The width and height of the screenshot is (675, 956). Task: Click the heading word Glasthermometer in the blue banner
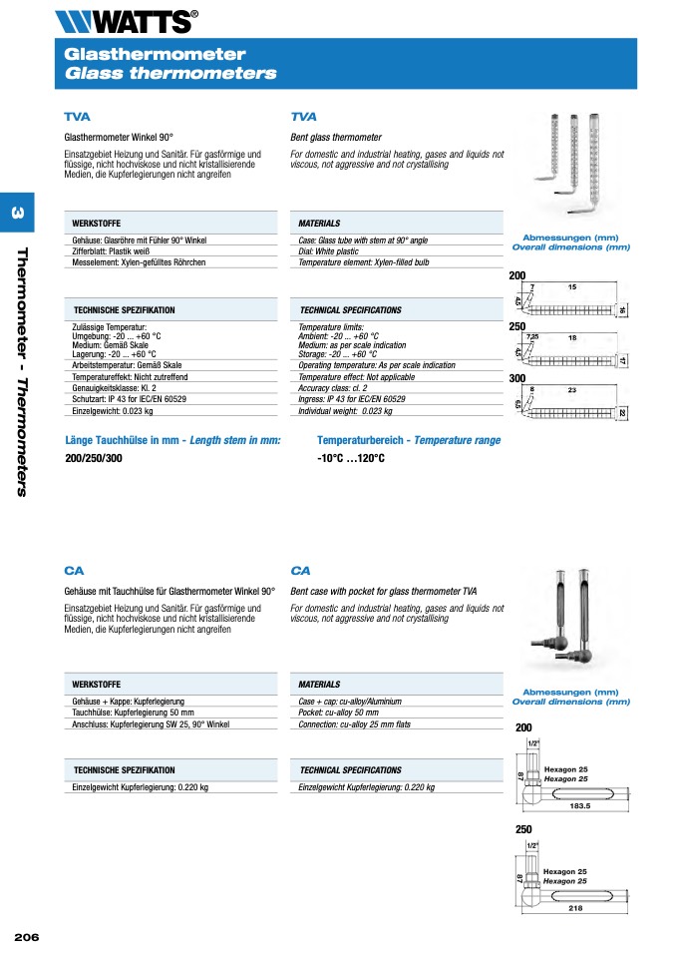[155, 55]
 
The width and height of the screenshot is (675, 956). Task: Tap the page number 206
[26, 936]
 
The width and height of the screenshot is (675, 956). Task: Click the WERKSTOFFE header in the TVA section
[97, 224]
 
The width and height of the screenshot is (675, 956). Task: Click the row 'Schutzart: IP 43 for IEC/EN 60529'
[129, 399]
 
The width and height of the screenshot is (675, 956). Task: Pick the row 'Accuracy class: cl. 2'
[333, 388]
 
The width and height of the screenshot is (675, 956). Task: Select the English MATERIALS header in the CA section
[319, 685]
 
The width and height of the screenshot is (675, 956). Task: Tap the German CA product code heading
[74, 571]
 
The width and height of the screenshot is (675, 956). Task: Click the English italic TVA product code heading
[303, 117]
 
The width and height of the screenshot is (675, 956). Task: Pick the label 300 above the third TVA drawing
[516, 379]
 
